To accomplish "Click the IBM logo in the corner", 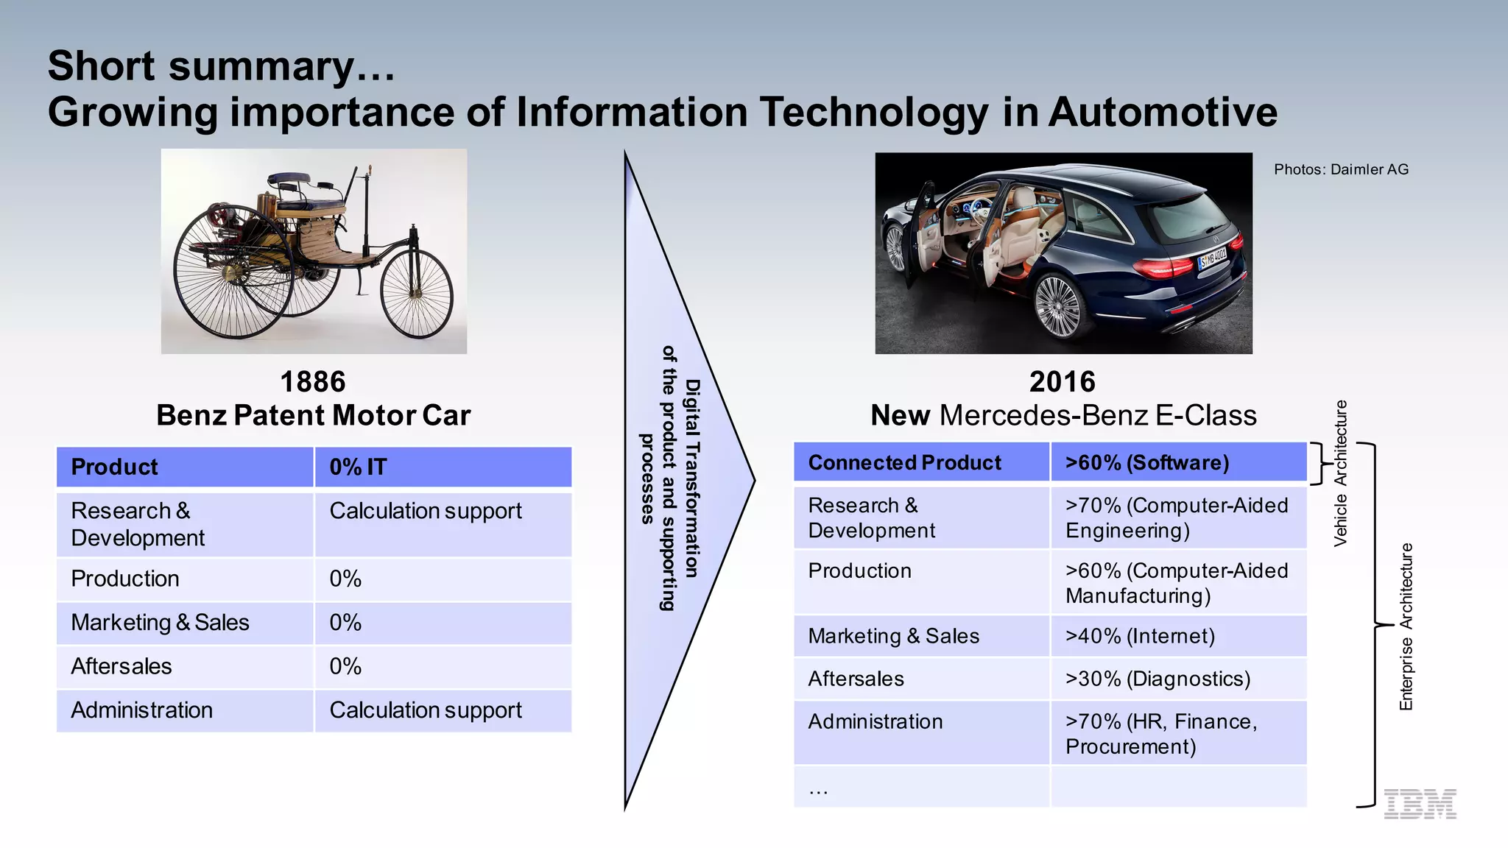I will tap(1420, 803).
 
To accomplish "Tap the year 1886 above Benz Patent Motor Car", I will tap(313, 382).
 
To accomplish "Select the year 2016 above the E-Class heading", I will tap(1063, 382).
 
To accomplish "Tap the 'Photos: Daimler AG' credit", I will tap(1341, 169).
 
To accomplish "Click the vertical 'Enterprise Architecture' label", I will tap(1406, 626).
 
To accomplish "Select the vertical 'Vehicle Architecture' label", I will tap(1341, 473).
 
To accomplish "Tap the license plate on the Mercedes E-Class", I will tap(1212, 259).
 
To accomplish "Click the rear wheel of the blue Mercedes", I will tap(1063, 306).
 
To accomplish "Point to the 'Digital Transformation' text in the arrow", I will tap(692, 478).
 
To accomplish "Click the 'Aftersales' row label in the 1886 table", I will tap(121, 666).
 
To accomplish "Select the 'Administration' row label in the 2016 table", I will tap(875, 721).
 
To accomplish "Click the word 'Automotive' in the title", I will tap(1163, 112).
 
